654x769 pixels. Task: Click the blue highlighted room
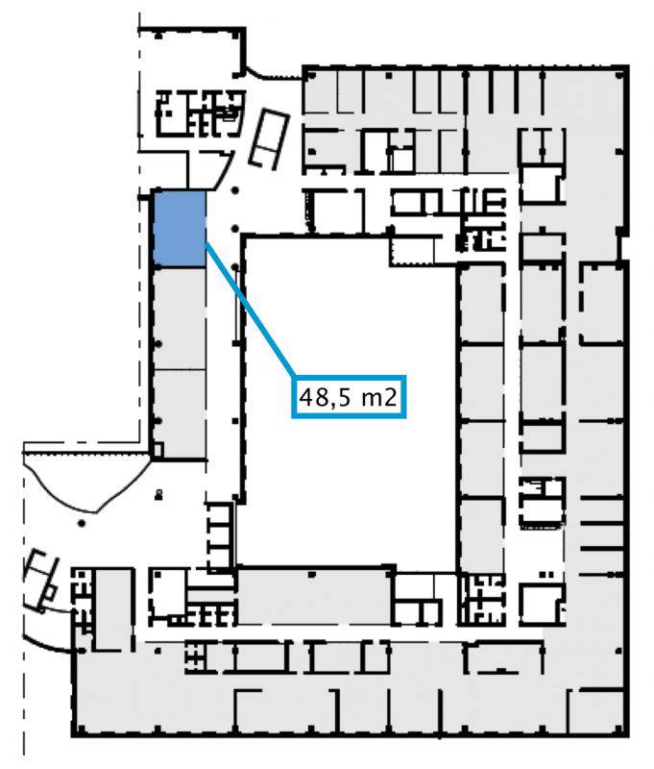[x=180, y=229]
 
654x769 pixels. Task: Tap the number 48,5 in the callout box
[x=326, y=397]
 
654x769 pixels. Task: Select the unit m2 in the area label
[x=378, y=397]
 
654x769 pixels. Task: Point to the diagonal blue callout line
[x=250, y=310]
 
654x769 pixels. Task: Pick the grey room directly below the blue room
[x=180, y=318]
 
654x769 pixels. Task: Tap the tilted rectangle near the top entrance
[x=269, y=138]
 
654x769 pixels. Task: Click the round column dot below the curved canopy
[x=82, y=523]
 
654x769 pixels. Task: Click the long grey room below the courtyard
[x=315, y=596]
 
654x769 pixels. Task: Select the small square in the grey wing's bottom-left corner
[x=157, y=449]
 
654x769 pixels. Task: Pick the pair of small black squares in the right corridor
[x=546, y=574]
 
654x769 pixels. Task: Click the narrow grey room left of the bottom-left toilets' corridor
[x=114, y=608]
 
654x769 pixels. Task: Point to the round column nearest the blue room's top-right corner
[x=235, y=190]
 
